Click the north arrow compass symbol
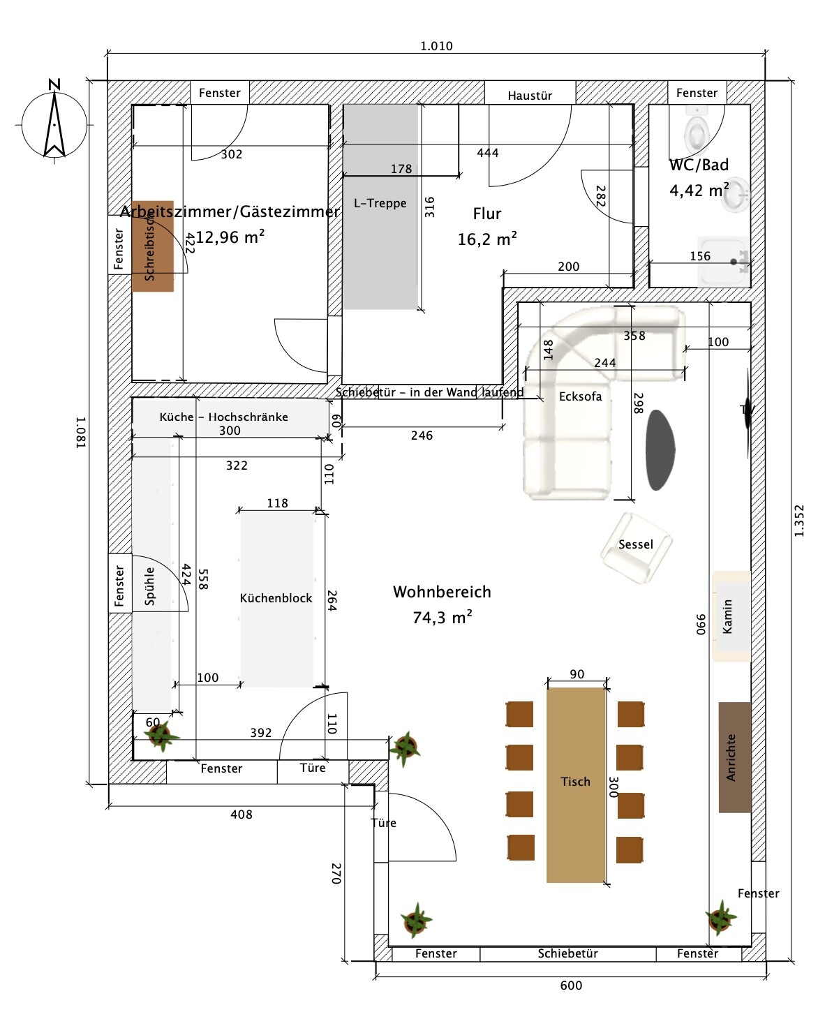pyautogui.click(x=54, y=122)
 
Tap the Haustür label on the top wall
pyautogui.click(x=530, y=96)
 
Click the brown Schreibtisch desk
pyautogui.click(x=152, y=246)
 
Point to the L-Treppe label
pyautogui.click(x=380, y=203)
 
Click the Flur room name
pyautogui.click(x=486, y=214)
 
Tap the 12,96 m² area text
pyautogui.click(x=230, y=237)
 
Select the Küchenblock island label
pyautogui.click(x=276, y=598)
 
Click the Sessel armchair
pyautogui.click(x=636, y=545)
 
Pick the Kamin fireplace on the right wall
pyautogui.click(x=730, y=616)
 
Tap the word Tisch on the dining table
pyautogui.click(x=575, y=782)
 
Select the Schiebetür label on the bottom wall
pyautogui.click(x=567, y=953)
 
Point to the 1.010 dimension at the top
pyautogui.click(x=436, y=46)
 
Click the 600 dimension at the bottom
pyautogui.click(x=571, y=985)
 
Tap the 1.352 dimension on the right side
pyautogui.click(x=800, y=521)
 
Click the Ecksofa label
pyautogui.click(x=580, y=396)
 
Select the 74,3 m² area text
pyautogui.click(x=443, y=618)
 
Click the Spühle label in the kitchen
pyautogui.click(x=149, y=586)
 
